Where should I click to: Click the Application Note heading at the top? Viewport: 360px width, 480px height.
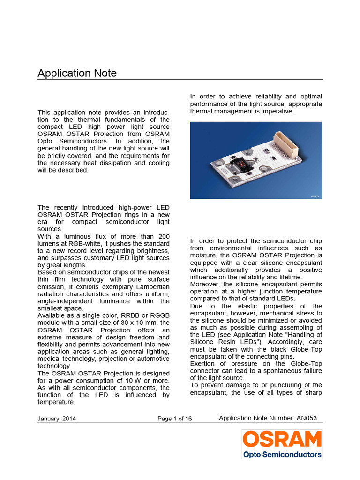tap(77, 73)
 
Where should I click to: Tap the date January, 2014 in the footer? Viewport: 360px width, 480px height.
tap(57, 419)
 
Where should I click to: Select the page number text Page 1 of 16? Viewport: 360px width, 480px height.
tap(174, 419)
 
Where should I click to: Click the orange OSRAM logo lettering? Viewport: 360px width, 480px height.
tap(282, 439)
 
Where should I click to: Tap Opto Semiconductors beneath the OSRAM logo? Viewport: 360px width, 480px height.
tap(282, 454)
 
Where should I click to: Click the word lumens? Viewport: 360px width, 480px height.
tap(48, 244)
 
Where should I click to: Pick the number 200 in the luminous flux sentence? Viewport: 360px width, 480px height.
tap(164, 236)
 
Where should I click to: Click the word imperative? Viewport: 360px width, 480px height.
tap(278, 111)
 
